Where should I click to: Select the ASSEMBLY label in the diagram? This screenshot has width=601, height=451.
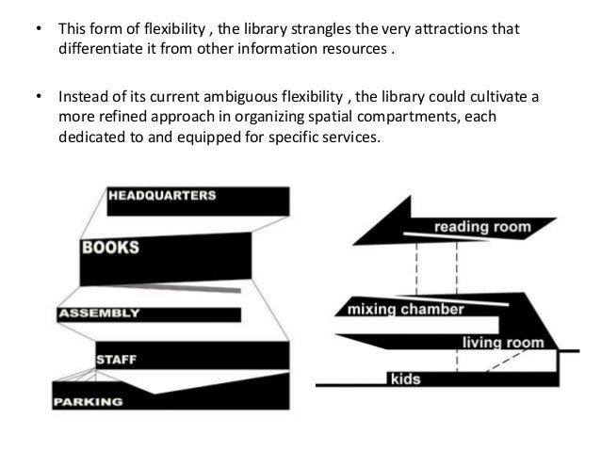click(99, 313)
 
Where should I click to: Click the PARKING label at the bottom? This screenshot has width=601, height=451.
click(89, 401)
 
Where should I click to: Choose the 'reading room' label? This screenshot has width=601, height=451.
click(482, 227)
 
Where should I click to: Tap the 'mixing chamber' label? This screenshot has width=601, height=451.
click(406, 309)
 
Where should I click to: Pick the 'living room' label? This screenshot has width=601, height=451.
click(502, 344)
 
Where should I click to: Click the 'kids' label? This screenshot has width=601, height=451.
click(405, 379)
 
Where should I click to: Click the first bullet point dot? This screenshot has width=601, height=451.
click(38, 29)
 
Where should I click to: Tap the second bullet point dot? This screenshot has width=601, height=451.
click(38, 98)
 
